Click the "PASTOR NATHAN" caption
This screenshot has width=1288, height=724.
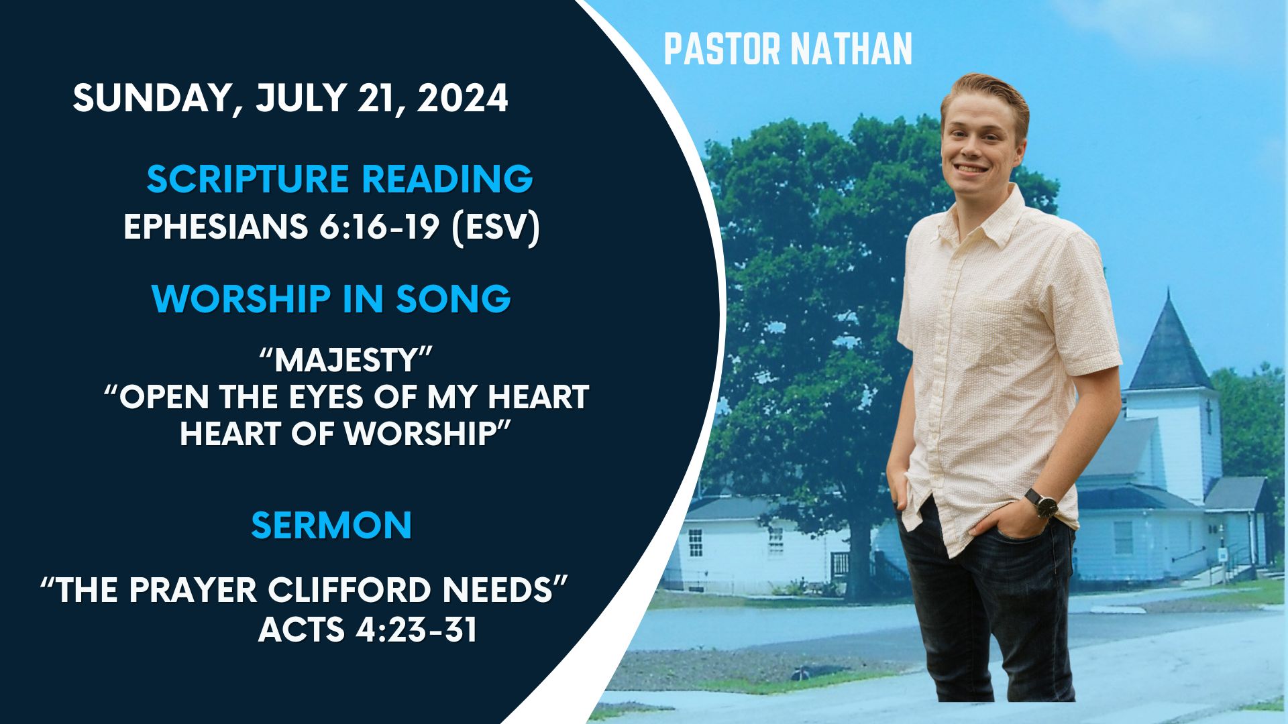pos(788,49)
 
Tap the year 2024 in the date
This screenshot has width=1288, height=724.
pos(462,98)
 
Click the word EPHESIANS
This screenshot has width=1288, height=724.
pos(215,227)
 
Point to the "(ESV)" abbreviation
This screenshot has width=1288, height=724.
pos(496,228)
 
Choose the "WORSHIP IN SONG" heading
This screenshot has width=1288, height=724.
pos(331,298)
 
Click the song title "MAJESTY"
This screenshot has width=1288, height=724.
pos(344,360)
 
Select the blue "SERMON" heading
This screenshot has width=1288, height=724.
pos(331,525)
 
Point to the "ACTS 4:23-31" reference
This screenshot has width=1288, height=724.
pos(368,629)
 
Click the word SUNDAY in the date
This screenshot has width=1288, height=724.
pos(153,99)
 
